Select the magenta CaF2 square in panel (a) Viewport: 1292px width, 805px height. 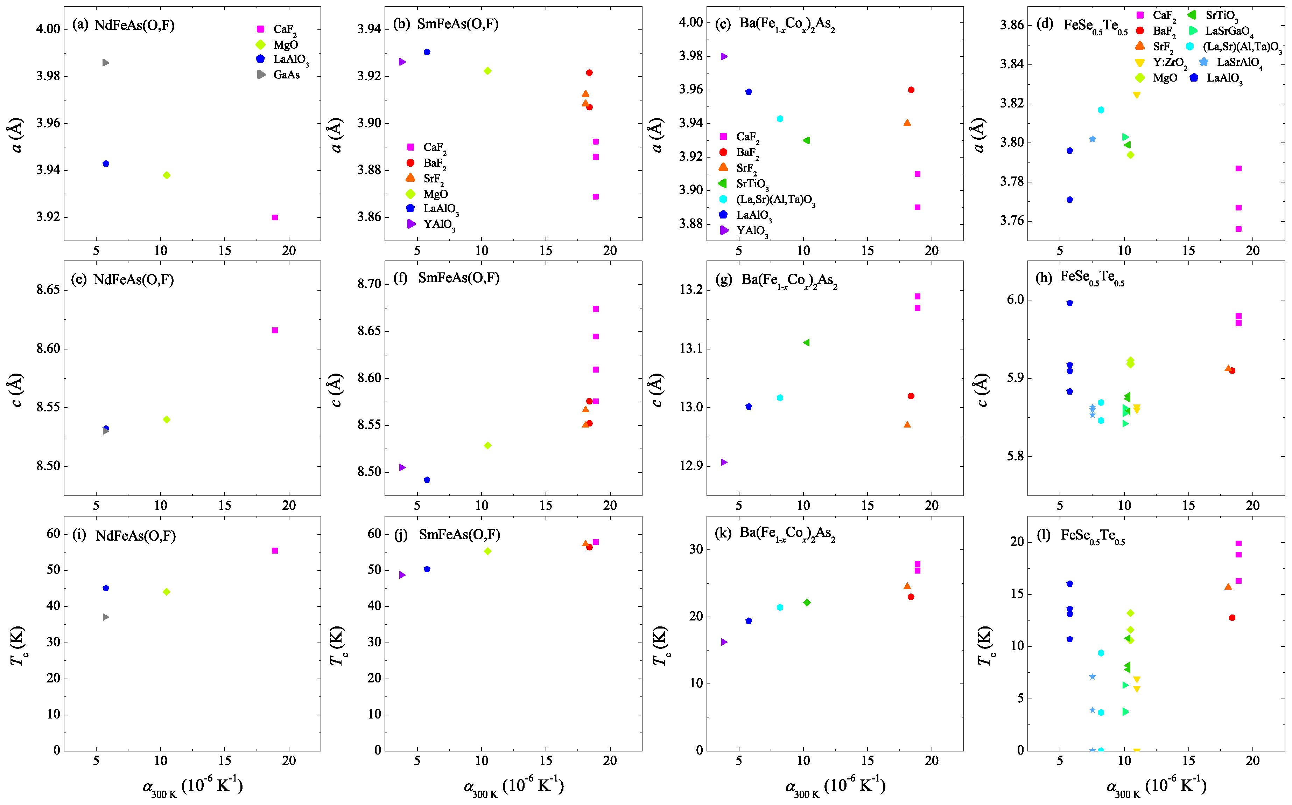coord(275,217)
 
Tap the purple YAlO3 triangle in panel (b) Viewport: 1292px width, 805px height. coord(402,62)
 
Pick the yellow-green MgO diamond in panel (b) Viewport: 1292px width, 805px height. coord(487,71)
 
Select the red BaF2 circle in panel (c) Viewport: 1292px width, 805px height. coord(911,90)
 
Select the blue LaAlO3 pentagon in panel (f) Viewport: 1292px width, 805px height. coord(427,480)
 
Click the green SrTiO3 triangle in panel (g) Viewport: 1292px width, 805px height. coord(806,342)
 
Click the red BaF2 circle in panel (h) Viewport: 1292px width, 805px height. coord(1232,370)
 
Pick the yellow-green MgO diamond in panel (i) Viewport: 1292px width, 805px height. coord(167,591)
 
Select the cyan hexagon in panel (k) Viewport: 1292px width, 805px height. coord(780,607)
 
